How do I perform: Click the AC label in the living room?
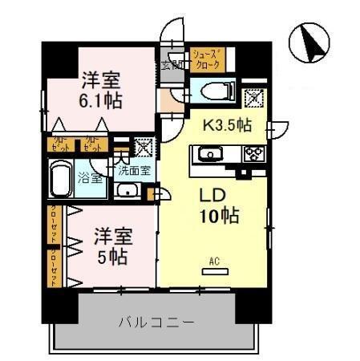[x=213, y=261]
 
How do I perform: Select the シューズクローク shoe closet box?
[x=207, y=59]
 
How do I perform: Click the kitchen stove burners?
[x=256, y=154]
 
